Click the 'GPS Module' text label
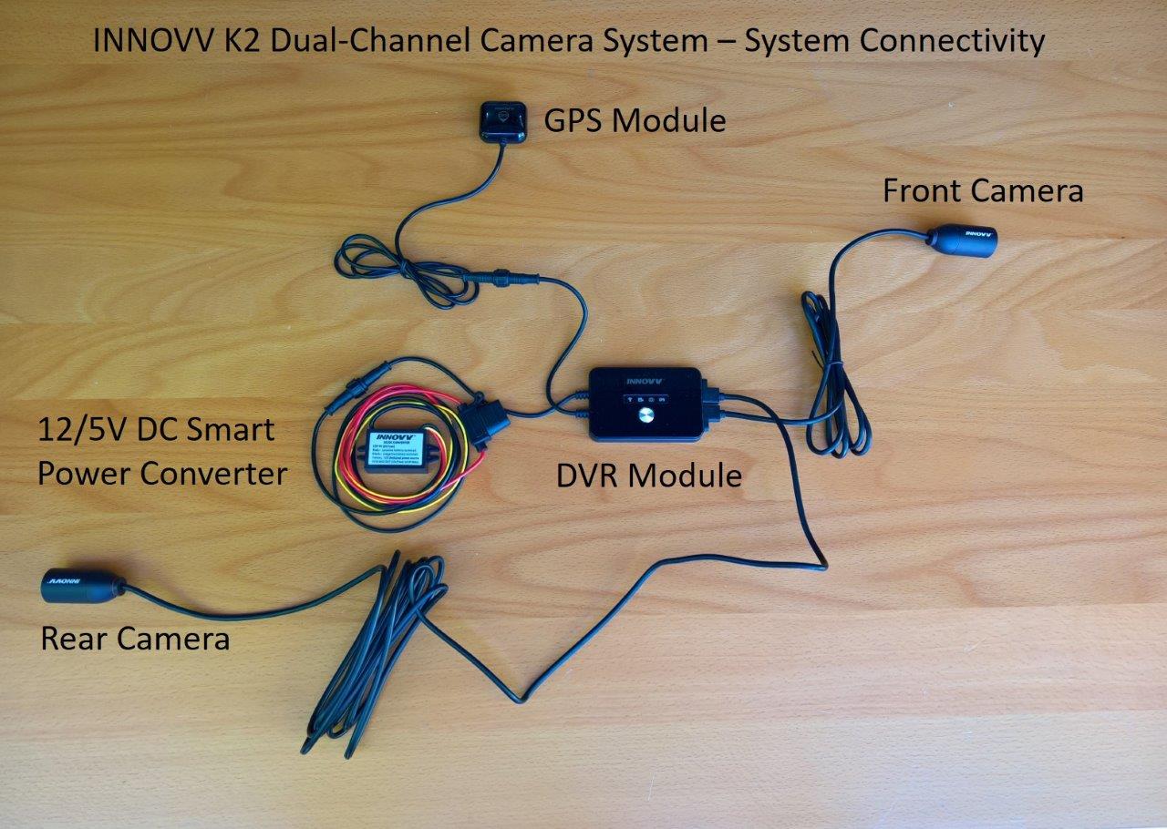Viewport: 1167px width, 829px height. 635,120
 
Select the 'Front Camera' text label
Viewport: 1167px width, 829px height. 983,191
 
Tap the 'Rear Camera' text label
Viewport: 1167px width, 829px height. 135,639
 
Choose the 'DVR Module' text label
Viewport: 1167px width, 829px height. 649,476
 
